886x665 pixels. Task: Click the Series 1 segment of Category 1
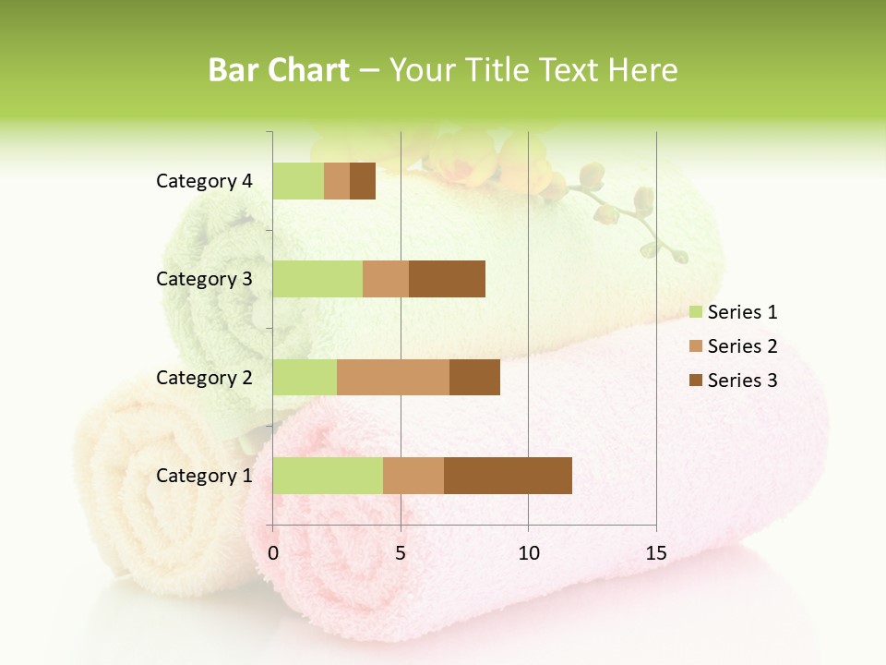click(x=328, y=475)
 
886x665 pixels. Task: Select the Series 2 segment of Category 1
click(x=413, y=475)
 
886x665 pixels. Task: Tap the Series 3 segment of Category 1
click(x=508, y=475)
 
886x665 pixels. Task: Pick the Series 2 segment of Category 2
click(x=393, y=377)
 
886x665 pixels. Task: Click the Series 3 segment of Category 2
click(x=474, y=377)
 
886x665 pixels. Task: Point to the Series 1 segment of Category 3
click(x=317, y=279)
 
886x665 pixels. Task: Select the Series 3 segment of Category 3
click(x=447, y=279)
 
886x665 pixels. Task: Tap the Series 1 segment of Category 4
click(x=298, y=181)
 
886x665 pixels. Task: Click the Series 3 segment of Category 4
click(x=363, y=181)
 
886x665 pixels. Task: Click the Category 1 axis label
click(x=203, y=476)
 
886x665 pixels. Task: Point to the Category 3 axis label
click(x=203, y=279)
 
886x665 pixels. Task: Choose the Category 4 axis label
click(x=203, y=181)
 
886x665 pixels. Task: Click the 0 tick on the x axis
click(x=273, y=554)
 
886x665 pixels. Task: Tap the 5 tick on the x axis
click(x=401, y=554)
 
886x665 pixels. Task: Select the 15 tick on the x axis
click(x=655, y=554)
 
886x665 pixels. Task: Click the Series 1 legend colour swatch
click(x=695, y=312)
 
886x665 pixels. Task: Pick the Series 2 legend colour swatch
click(x=695, y=346)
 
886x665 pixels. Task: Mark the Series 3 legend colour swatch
click(x=695, y=381)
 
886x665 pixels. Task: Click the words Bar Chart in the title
click(x=279, y=70)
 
